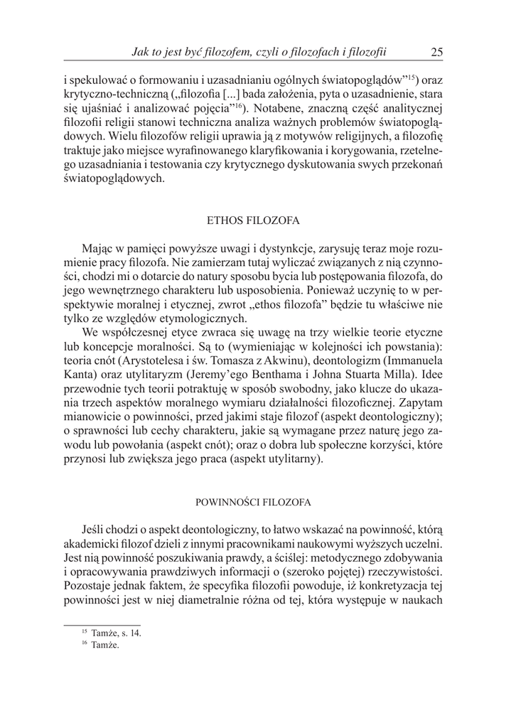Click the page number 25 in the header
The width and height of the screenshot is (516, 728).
click(x=436, y=51)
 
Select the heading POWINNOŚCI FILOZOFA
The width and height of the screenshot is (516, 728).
click(x=253, y=502)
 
